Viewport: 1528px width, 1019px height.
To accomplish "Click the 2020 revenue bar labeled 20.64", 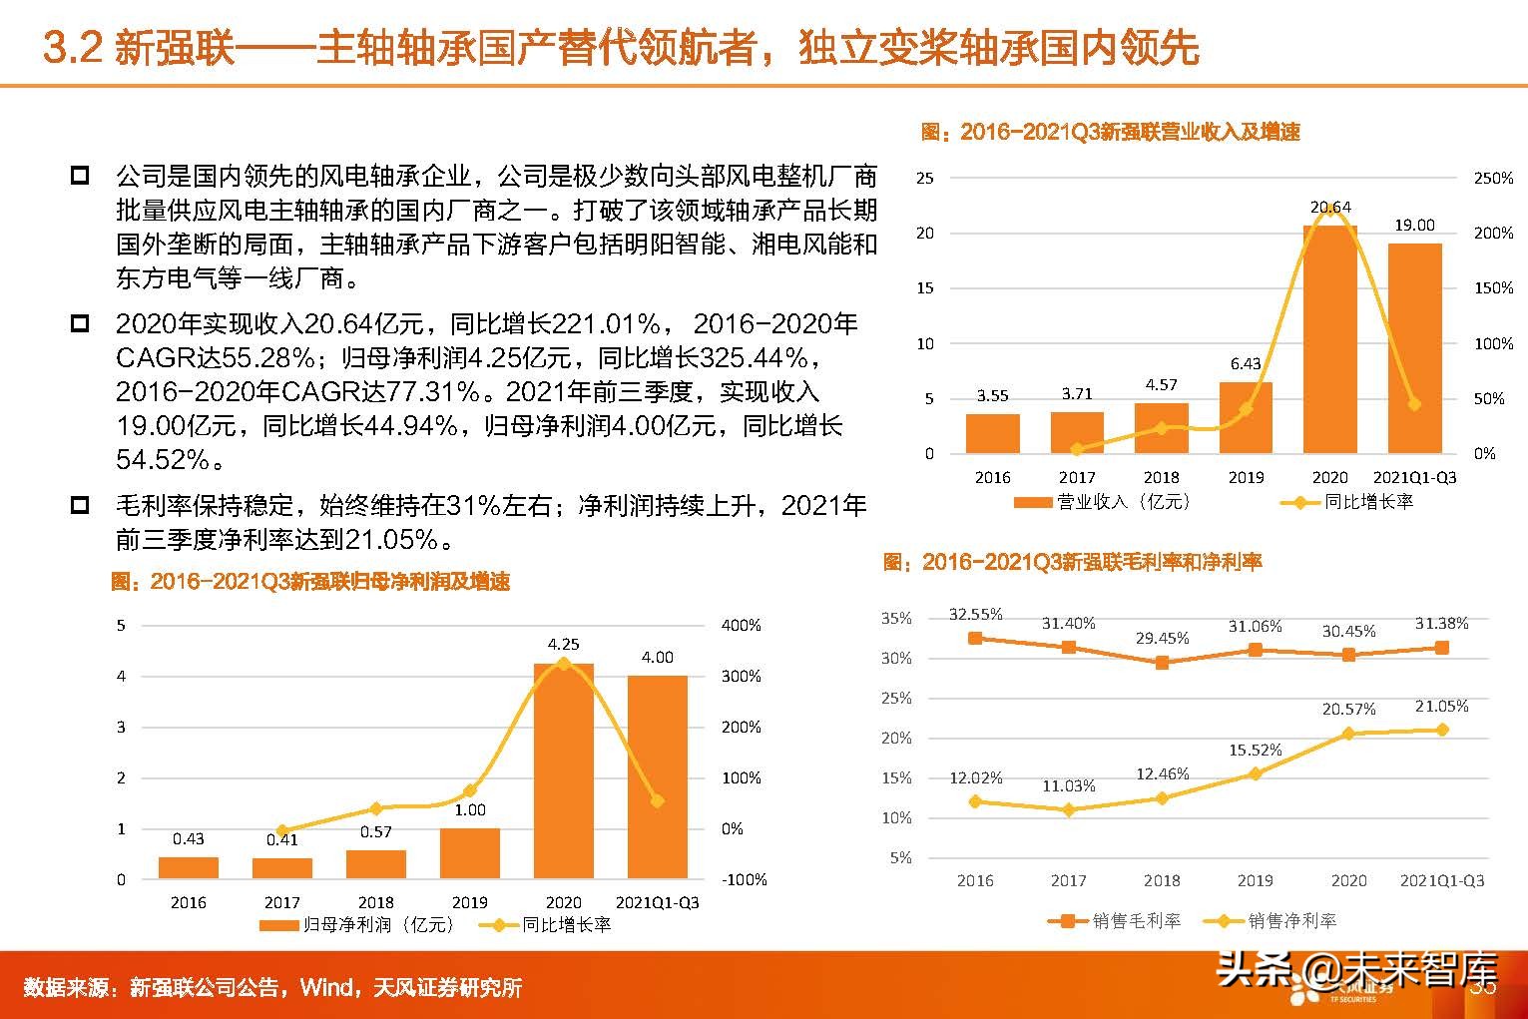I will [x=1329, y=339].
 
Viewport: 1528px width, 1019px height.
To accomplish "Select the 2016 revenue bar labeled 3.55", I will [x=992, y=433].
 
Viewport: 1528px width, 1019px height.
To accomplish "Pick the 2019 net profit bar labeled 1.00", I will [x=470, y=853].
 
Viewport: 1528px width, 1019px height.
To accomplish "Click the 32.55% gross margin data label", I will [x=975, y=614].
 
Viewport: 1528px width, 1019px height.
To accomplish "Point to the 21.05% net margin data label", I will [x=1441, y=707].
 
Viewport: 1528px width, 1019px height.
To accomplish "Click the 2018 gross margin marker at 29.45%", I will [x=1162, y=662].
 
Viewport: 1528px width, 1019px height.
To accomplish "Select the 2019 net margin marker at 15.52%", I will [x=1256, y=773].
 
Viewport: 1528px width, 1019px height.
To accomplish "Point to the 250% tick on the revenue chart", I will [x=1493, y=179].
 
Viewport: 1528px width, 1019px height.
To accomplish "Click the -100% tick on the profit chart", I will [x=745, y=880].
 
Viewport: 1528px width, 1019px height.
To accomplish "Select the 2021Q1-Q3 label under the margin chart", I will [x=1441, y=880].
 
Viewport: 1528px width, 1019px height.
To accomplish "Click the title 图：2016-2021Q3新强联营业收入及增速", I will [x=1110, y=132].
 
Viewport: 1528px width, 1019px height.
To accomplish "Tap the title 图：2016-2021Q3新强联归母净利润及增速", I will [x=310, y=582].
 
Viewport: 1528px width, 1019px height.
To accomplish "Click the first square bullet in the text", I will [x=80, y=177].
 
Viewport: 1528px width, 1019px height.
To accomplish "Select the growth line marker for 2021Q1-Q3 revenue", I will [x=1414, y=404].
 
